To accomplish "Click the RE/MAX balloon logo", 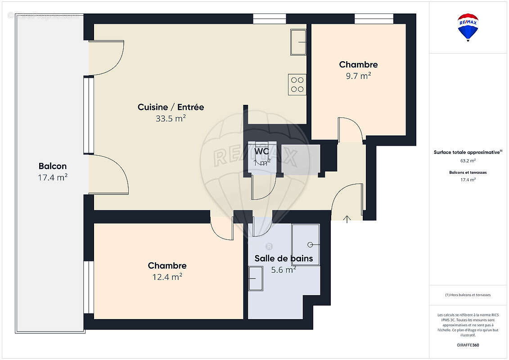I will click(x=468, y=27).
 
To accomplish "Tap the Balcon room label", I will click(x=53, y=166).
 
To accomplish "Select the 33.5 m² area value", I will click(x=171, y=118).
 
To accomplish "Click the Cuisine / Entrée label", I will click(x=171, y=107).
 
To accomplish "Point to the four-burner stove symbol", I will click(x=297, y=85).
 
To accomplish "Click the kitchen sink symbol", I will click(x=298, y=42).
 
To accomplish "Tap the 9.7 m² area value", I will click(x=358, y=76).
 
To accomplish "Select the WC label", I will click(x=262, y=151).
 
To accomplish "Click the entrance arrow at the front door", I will click(x=347, y=219).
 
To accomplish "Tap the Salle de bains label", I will click(x=284, y=258).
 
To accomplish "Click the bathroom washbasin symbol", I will click(x=256, y=279).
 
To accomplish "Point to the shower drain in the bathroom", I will click(x=310, y=244).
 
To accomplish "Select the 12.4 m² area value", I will click(x=167, y=277).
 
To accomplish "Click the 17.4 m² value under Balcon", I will click(x=53, y=177).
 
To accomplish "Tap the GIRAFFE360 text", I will click(x=468, y=345).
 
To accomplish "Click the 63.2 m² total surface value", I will click(x=468, y=160).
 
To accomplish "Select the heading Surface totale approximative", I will click(x=467, y=152).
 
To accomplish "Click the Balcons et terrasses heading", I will click(x=468, y=172).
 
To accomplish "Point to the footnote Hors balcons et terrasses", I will click(x=468, y=295).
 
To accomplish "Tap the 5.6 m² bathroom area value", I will click(x=284, y=270).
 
